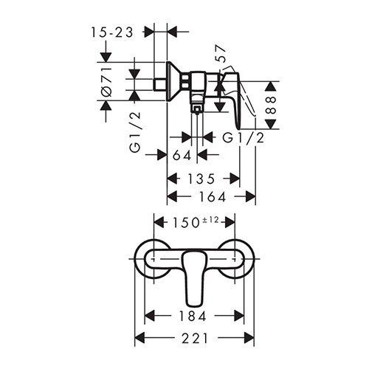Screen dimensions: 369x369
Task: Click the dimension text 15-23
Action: (x=112, y=32)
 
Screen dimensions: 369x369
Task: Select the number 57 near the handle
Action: (x=221, y=53)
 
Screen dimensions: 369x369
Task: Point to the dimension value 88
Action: (x=272, y=105)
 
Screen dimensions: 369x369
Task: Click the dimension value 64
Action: (x=182, y=155)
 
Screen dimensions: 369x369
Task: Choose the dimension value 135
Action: (x=201, y=179)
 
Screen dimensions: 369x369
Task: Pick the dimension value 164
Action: (x=213, y=197)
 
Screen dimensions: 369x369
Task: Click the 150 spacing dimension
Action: (x=186, y=223)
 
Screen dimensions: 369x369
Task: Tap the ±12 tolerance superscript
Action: (x=210, y=220)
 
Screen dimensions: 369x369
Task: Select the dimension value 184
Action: (x=192, y=316)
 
